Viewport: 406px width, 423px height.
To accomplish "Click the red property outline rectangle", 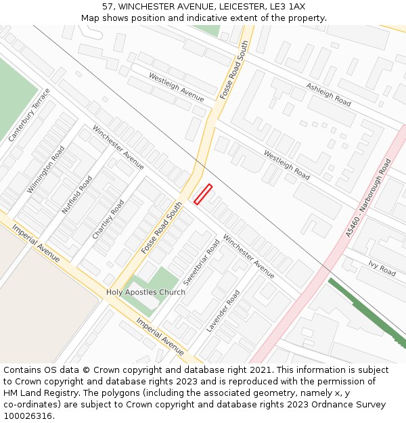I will (203, 194).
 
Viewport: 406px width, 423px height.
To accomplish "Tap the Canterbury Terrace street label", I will (29, 115).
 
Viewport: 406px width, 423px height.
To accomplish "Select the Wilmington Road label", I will (46, 170).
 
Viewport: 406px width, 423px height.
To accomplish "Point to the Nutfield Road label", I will (77, 195).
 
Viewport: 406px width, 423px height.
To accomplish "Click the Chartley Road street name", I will (108, 219).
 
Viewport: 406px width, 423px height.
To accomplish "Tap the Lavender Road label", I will (223, 311).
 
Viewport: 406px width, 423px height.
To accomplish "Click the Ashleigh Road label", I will (329, 95).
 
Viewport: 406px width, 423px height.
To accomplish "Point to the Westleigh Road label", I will (286, 165).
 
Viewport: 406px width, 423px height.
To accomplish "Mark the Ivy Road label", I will (382, 268).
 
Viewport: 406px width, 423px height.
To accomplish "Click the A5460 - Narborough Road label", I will (369, 198).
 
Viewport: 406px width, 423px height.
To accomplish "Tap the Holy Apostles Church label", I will (145, 292).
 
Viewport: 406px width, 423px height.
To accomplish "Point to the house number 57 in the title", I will (108, 7).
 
